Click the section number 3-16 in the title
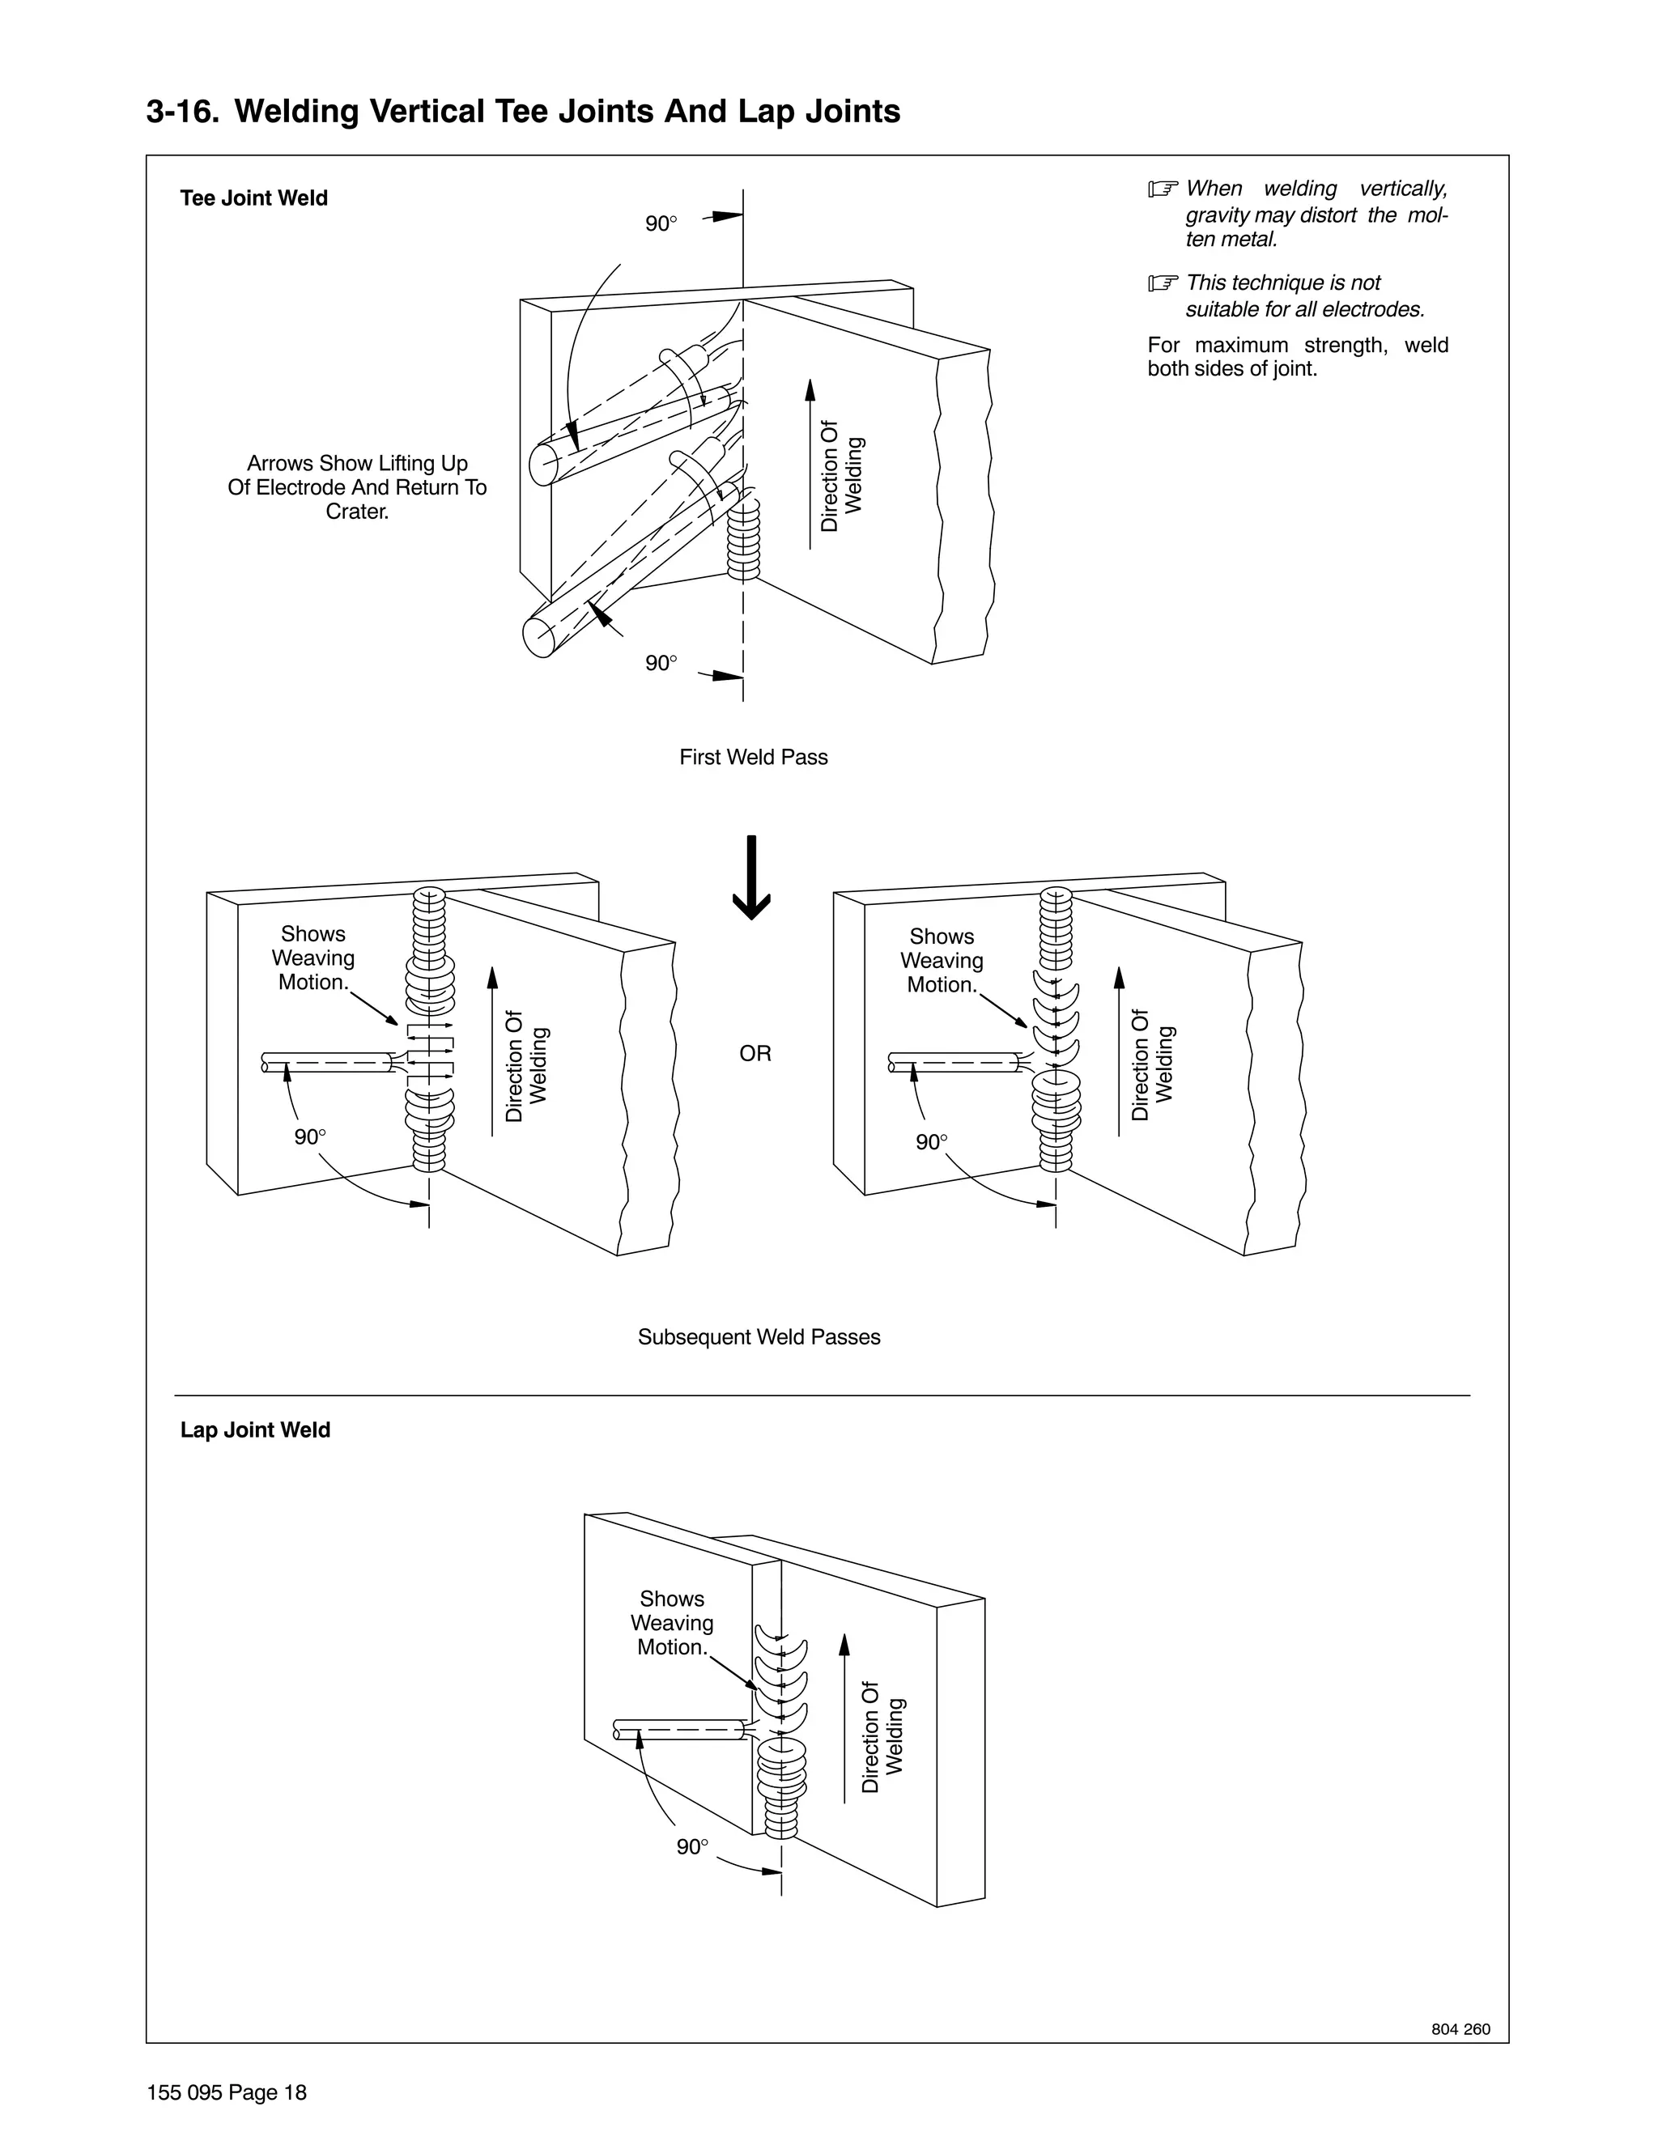(x=183, y=112)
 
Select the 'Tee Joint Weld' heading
(x=253, y=198)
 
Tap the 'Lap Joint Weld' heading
(x=254, y=1430)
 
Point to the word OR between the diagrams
(x=755, y=1054)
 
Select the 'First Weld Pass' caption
(x=754, y=758)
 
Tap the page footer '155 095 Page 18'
(x=226, y=2093)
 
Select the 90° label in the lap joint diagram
(x=692, y=1846)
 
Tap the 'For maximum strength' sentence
(x=1297, y=356)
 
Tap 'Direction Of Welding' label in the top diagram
(x=842, y=476)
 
